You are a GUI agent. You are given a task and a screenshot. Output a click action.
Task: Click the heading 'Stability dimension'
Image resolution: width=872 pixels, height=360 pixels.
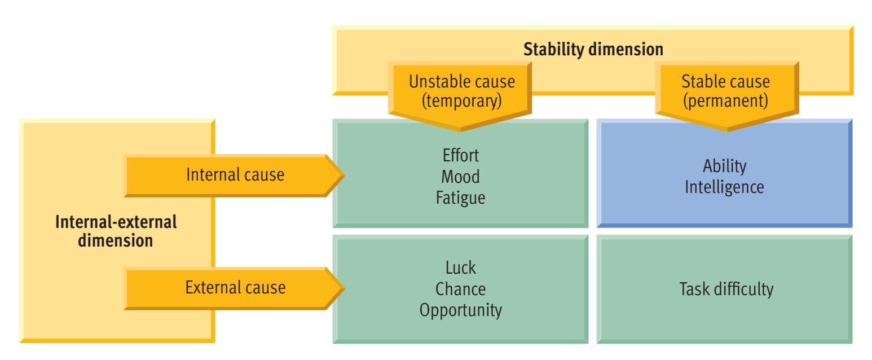[593, 49]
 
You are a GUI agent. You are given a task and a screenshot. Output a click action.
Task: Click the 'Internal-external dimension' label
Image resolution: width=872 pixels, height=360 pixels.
[116, 231]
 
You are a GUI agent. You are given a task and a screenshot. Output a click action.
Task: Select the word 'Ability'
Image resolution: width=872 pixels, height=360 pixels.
[725, 166]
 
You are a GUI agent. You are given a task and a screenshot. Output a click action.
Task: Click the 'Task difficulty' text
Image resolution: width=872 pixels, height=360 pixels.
[725, 289]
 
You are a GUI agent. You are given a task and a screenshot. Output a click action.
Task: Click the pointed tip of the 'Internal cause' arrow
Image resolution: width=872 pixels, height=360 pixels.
[340, 176]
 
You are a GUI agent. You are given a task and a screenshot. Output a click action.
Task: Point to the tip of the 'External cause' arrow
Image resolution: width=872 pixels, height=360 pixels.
[340, 288]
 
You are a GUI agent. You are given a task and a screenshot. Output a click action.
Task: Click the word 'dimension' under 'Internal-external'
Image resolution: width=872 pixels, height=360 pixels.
[116, 241]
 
